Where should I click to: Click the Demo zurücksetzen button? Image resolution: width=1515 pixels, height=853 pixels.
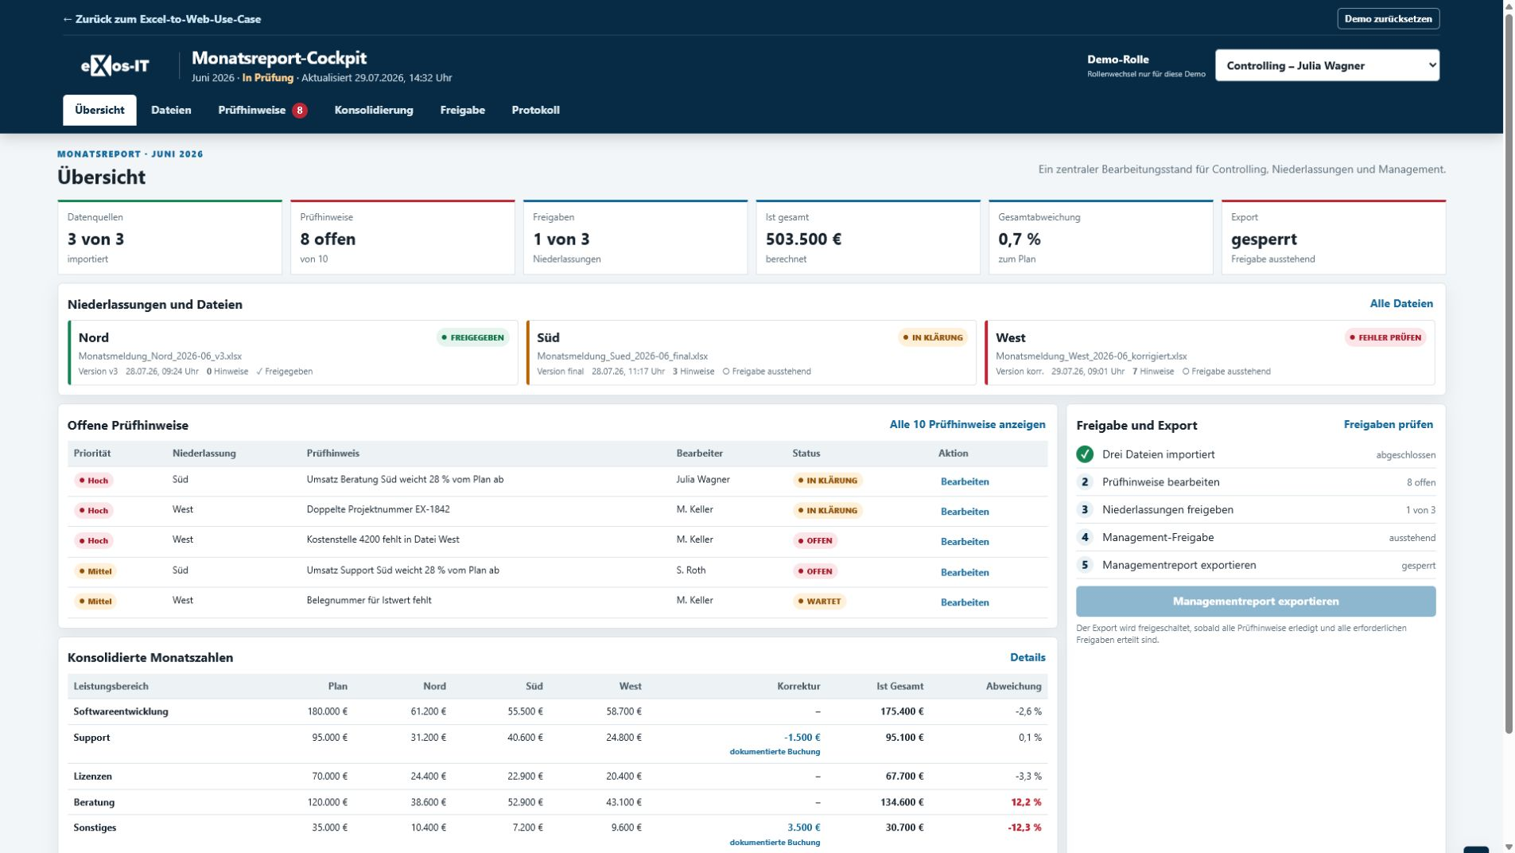click(1388, 19)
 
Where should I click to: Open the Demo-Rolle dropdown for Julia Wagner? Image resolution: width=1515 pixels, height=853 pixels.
click(1327, 65)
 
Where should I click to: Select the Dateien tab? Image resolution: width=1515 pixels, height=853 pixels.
click(171, 110)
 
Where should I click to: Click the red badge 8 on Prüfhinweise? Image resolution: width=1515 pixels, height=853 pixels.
click(300, 111)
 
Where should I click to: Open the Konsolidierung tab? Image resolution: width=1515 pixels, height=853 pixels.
click(374, 110)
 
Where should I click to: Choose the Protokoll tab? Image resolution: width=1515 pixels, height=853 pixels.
click(535, 110)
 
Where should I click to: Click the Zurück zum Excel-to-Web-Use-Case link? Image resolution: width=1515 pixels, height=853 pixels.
click(161, 19)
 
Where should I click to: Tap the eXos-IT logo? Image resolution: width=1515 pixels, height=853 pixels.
click(115, 66)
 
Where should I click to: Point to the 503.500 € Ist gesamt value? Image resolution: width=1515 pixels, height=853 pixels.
click(803, 239)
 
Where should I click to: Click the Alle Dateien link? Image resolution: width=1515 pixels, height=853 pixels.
click(1401, 303)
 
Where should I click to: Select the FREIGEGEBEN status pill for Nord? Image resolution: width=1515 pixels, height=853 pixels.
click(472, 337)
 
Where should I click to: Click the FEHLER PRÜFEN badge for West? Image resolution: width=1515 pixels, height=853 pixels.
click(1385, 337)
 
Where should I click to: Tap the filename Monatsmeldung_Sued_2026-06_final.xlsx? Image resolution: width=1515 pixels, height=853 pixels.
click(622, 356)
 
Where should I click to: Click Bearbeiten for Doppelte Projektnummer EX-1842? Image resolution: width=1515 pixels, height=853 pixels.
click(965, 512)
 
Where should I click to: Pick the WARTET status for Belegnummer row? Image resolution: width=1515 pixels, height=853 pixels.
click(818, 602)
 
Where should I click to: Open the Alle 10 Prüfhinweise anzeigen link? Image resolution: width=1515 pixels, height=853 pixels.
click(967, 424)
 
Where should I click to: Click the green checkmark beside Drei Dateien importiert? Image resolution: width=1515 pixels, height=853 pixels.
click(1085, 454)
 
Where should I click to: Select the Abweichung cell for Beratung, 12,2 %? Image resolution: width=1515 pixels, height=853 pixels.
click(1026, 802)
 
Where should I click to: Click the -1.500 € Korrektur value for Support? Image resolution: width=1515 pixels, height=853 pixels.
click(802, 738)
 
